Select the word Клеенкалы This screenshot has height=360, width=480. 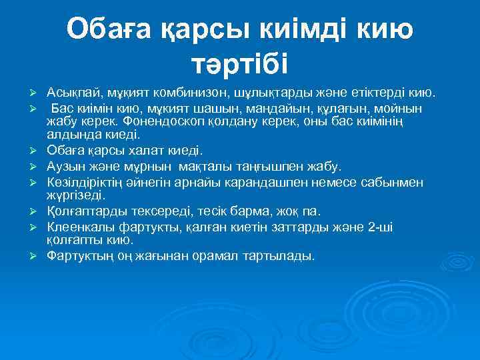(79, 227)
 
